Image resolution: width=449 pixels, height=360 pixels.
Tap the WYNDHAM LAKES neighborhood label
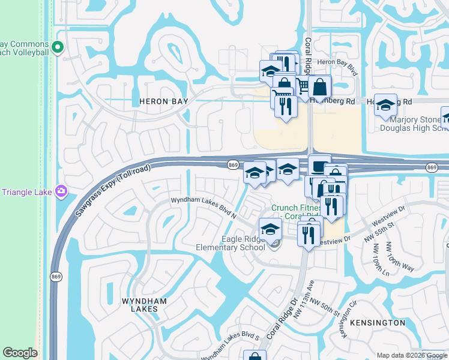tap(140, 304)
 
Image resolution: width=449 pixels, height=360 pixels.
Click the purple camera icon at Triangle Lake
tap(61, 191)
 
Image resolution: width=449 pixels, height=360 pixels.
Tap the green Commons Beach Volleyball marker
tap(58, 47)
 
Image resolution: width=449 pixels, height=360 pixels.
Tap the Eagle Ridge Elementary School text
tap(231, 243)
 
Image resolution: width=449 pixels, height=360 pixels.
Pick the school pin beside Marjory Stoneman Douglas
tap(385, 105)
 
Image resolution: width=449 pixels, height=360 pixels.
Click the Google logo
tap(20, 353)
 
